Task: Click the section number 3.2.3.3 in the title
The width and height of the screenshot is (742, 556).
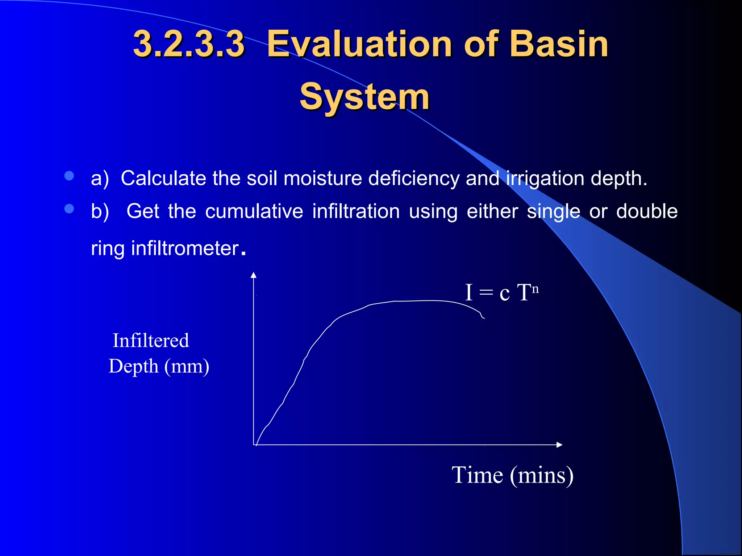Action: click(x=189, y=44)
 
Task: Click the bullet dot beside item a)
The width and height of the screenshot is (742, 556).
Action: click(x=69, y=176)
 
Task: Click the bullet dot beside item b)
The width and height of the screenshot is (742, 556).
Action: click(x=69, y=209)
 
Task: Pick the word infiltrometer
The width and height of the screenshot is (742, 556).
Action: click(x=185, y=249)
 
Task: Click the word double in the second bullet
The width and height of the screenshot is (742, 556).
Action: click(x=647, y=211)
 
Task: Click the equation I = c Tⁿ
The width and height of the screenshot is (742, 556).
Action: click(x=501, y=292)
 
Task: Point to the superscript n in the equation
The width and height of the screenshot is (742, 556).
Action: click(x=535, y=289)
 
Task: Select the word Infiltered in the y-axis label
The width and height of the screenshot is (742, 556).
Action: click(x=151, y=341)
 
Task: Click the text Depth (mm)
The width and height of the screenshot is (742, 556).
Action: click(x=159, y=366)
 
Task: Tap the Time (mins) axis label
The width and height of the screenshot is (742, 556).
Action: click(x=512, y=475)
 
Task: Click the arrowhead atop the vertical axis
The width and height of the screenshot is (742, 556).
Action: click(x=254, y=275)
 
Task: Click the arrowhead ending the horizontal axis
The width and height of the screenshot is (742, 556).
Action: click(x=559, y=445)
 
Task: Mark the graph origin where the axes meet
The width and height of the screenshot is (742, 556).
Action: click(x=254, y=445)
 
